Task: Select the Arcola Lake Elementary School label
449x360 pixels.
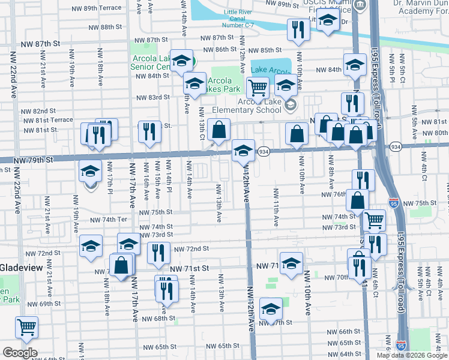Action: tap(259, 106)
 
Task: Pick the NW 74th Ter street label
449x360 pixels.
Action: tap(109, 220)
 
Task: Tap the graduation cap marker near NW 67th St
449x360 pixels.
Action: tap(271, 309)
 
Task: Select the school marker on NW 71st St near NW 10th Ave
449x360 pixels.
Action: tap(291, 263)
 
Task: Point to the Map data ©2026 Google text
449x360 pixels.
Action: tap(411, 355)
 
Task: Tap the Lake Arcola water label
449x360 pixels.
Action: tap(267, 70)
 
